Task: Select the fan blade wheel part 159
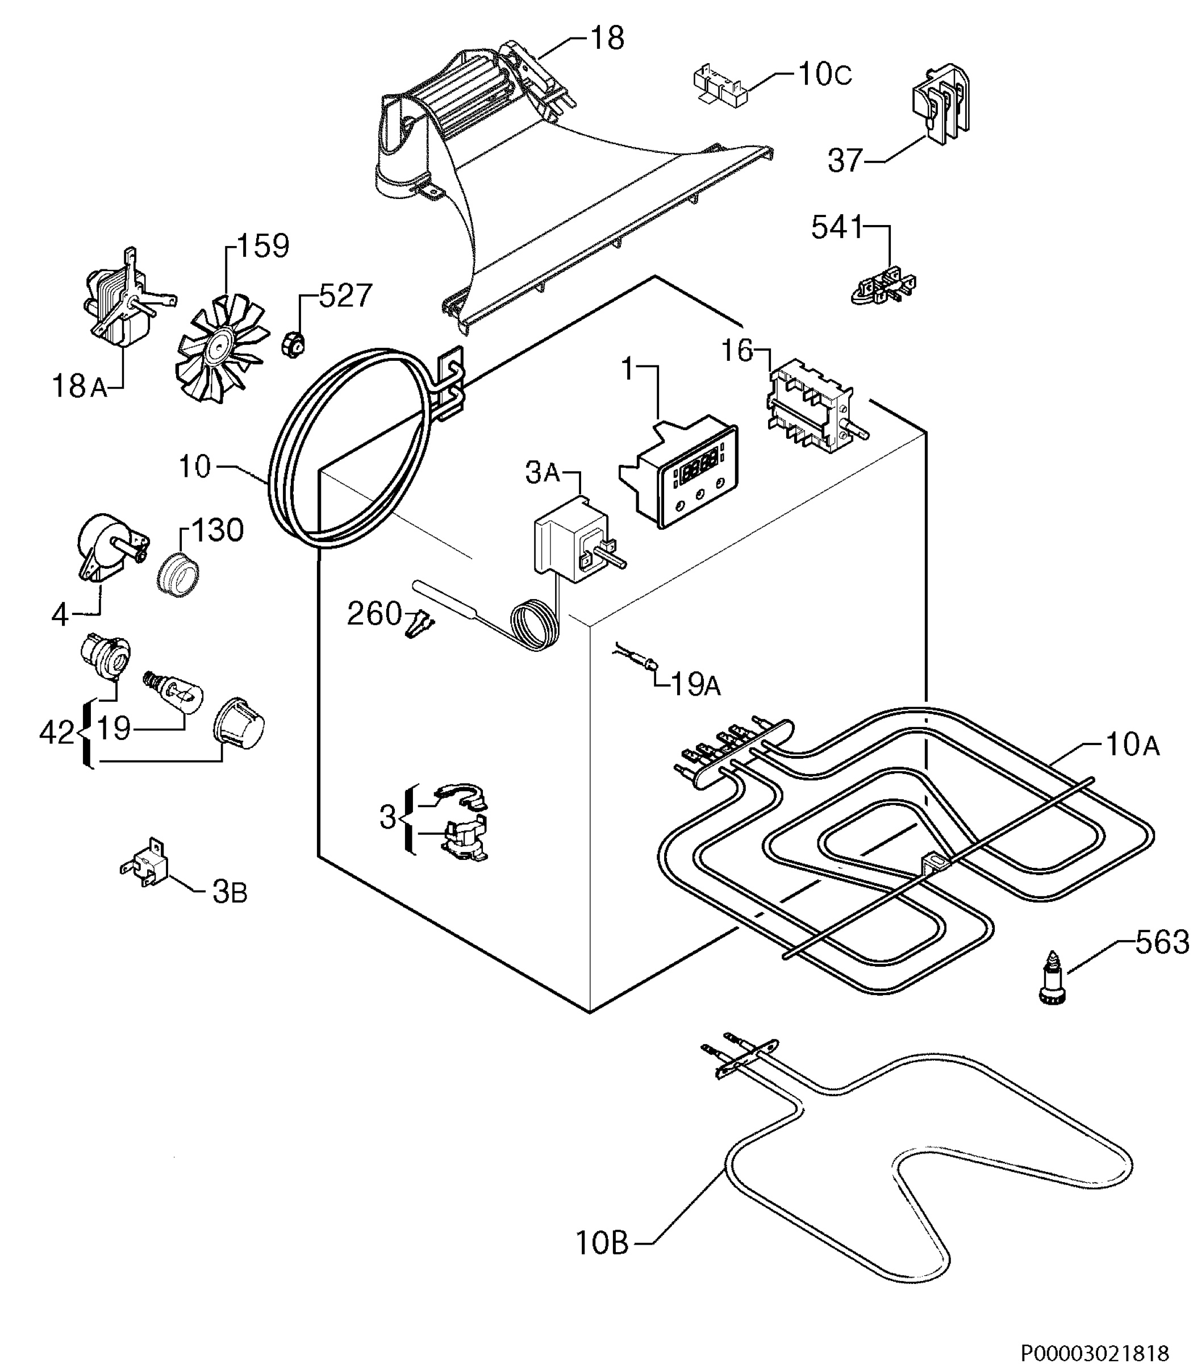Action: pyautogui.click(x=221, y=349)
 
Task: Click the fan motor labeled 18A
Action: pyautogui.click(x=127, y=298)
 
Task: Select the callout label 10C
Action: pyautogui.click(x=824, y=74)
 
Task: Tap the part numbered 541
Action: pyautogui.click(x=884, y=286)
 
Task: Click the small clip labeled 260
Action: pyautogui.click(x=419, y=623)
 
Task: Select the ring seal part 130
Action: pyautogui.click(x=178, y=573)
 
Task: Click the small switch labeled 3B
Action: pyautogui.click(x=144, y=863)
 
